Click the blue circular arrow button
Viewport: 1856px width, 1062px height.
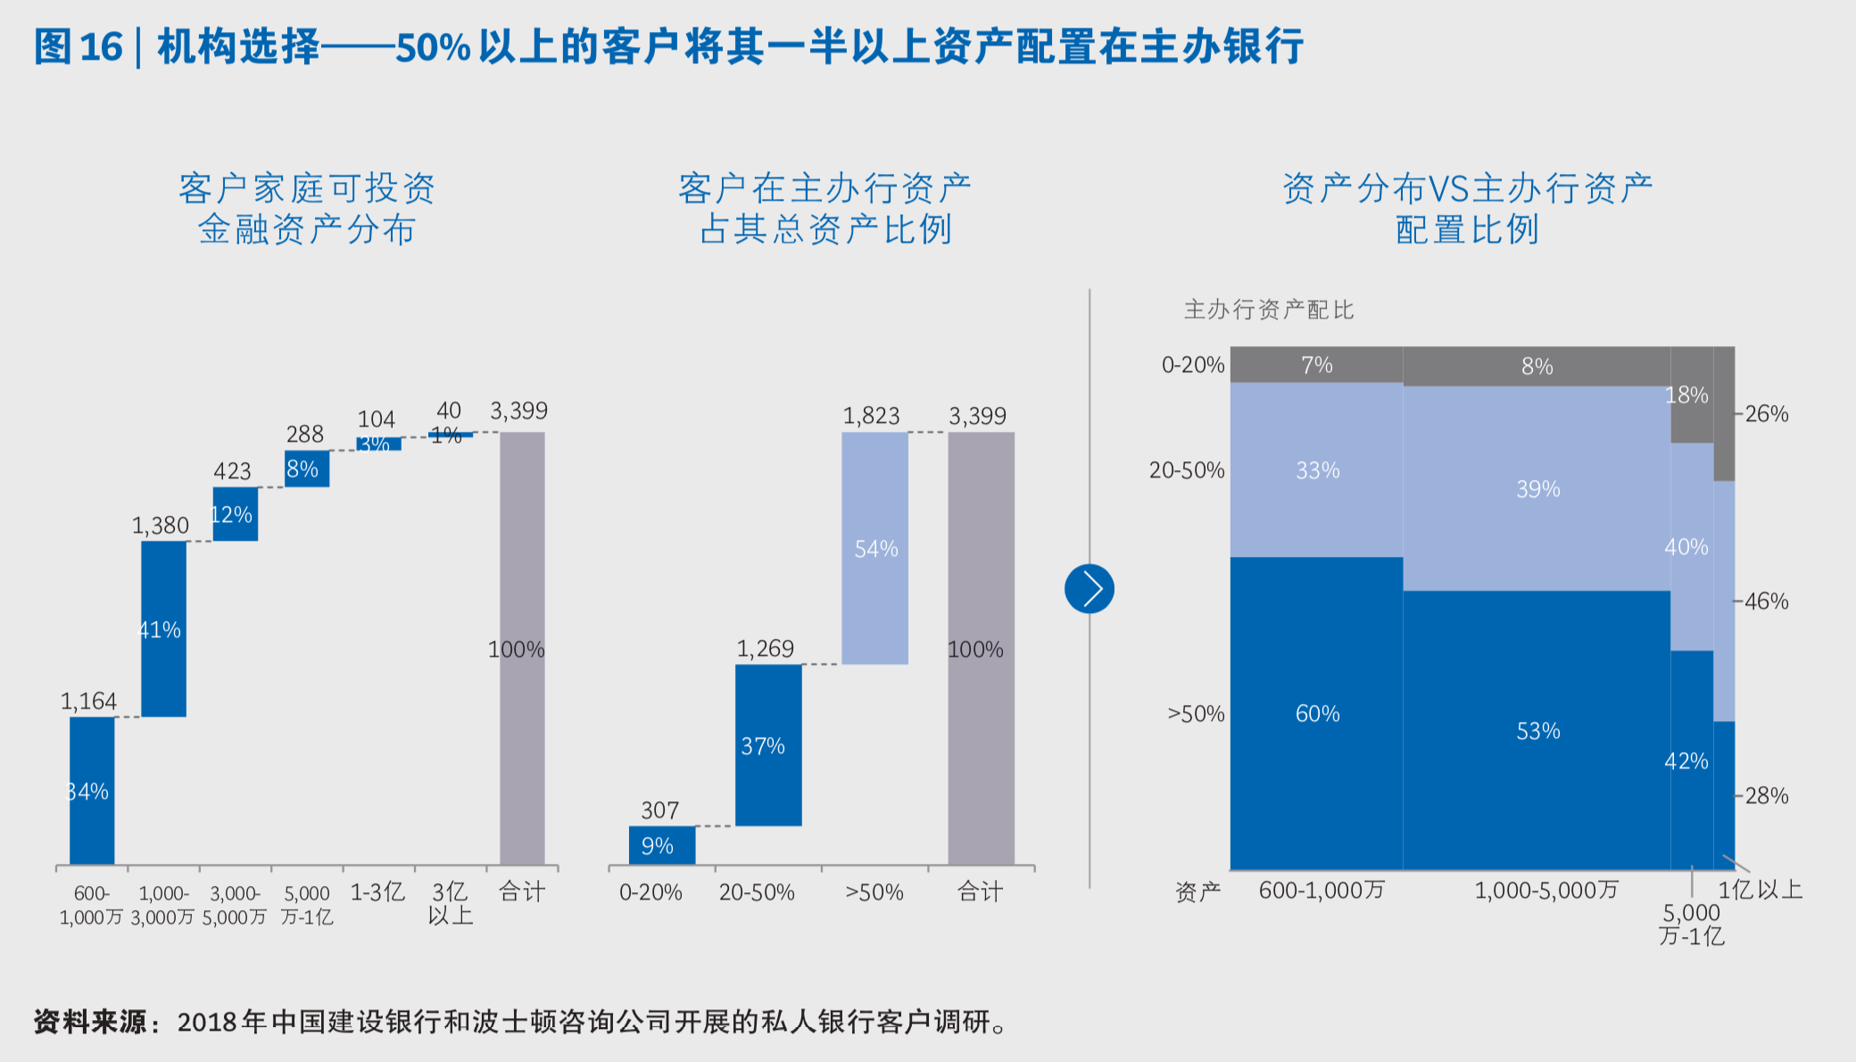(x=1090, y=589)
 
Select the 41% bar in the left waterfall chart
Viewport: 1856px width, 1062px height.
(x=163, y=628)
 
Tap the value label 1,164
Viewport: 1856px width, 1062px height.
(x=88, y=701)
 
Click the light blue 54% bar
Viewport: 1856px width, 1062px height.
(x=874, y=548)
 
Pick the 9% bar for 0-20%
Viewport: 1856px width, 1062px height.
(x=661, y=845)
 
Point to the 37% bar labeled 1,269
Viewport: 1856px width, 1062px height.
(x=767, y=745)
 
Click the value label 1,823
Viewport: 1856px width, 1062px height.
(x=871, y=416)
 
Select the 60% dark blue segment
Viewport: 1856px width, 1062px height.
(x=1316, y=713)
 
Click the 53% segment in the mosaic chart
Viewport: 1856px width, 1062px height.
(x=1537, y=730)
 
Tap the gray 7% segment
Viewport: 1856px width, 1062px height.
(x=1316, y=365)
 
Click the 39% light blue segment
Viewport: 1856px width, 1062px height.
(x=1537, y=488)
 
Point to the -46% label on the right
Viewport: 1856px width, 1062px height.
(x=1765, y=602)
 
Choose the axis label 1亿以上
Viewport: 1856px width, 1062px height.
(x=1760, y=890)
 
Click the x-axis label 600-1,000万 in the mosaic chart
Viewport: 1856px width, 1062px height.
(x=1322, y=890)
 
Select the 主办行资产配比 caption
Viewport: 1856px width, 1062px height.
(x=1268, y=310)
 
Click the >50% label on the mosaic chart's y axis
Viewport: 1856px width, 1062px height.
(x=1196, y=714)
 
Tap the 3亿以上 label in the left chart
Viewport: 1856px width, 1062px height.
(x=450, y=903)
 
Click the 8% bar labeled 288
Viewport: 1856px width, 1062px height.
(x=307, y=469)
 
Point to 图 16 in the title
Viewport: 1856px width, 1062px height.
(x=79, y=46)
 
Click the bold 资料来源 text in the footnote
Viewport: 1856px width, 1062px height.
(x=89, y=1022)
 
